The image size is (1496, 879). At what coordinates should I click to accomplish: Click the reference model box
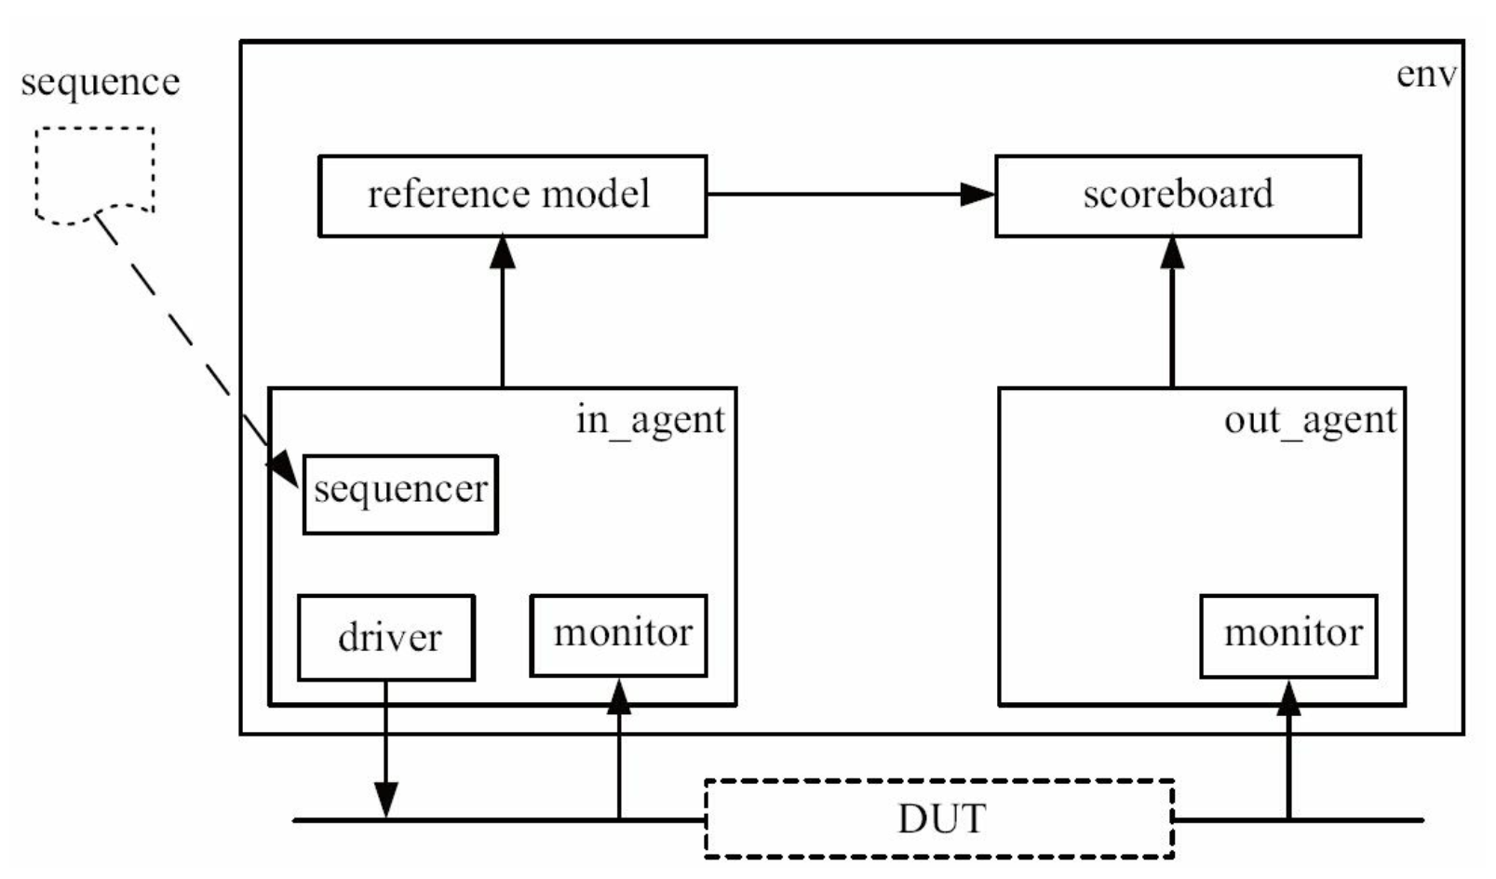click(x=512, y=196)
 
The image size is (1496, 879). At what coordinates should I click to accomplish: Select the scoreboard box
click(x=1179, y=196)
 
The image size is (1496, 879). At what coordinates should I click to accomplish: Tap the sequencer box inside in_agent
click(x=400, y=494)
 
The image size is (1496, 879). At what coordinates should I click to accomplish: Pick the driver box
click(x=386, y=638)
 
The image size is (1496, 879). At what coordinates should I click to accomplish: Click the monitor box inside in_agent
click(x=618, y=635)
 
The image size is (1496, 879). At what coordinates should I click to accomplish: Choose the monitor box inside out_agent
click(x=1289, y=636)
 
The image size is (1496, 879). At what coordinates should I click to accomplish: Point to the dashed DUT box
click(x=939, y=818)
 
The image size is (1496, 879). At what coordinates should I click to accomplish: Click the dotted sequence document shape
click(x=95, y=175)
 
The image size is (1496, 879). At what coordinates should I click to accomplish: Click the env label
click(x=1426, y=74)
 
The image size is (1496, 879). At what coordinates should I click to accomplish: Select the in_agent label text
click(x=651, y=422)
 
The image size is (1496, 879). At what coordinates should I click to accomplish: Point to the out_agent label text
click(x=1311, y=422)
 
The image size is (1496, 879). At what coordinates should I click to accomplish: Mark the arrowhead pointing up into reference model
click(x=502, y=251)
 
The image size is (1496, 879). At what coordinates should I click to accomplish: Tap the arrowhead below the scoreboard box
click(x=1172, y=251)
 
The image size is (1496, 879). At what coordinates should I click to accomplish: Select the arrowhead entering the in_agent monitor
click(x=619, y=696)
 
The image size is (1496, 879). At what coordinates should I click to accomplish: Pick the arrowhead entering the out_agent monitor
click(x=1288, y=698)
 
